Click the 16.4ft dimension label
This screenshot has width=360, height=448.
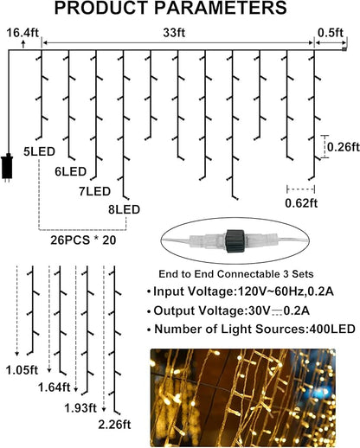22,32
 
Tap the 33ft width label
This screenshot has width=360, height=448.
174,33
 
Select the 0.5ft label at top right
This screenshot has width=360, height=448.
331,32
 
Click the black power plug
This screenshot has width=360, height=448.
7,168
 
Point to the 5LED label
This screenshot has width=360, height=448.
39,151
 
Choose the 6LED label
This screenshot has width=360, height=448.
71,172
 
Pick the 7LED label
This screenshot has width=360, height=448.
95,191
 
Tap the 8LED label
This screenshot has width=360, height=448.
124,209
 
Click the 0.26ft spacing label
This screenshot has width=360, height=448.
344,147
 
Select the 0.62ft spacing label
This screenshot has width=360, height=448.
301,203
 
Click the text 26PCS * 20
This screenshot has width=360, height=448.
83,240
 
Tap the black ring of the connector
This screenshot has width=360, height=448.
235,240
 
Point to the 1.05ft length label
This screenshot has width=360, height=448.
22,370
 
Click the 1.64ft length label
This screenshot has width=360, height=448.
55,387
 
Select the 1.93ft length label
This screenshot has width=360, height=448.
80,408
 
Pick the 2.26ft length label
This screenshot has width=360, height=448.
114,425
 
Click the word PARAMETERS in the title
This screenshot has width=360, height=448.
221,8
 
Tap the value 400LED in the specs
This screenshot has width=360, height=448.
332,329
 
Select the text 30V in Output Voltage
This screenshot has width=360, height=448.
257,310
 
